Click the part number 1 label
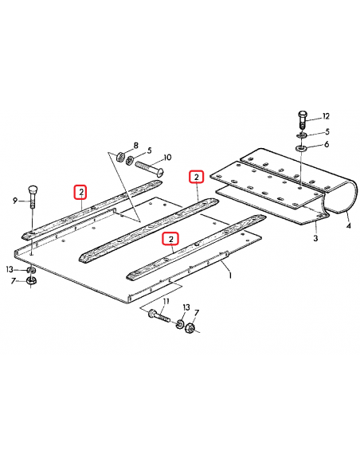230,275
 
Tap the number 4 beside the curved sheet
348,225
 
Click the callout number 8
135,146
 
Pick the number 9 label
14,201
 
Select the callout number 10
168,157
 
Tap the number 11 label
166,303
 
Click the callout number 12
326,116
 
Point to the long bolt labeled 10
151,168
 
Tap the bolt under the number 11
155,317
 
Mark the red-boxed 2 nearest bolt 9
80,191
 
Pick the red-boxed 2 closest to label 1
170,239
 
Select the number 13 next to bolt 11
186,307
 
